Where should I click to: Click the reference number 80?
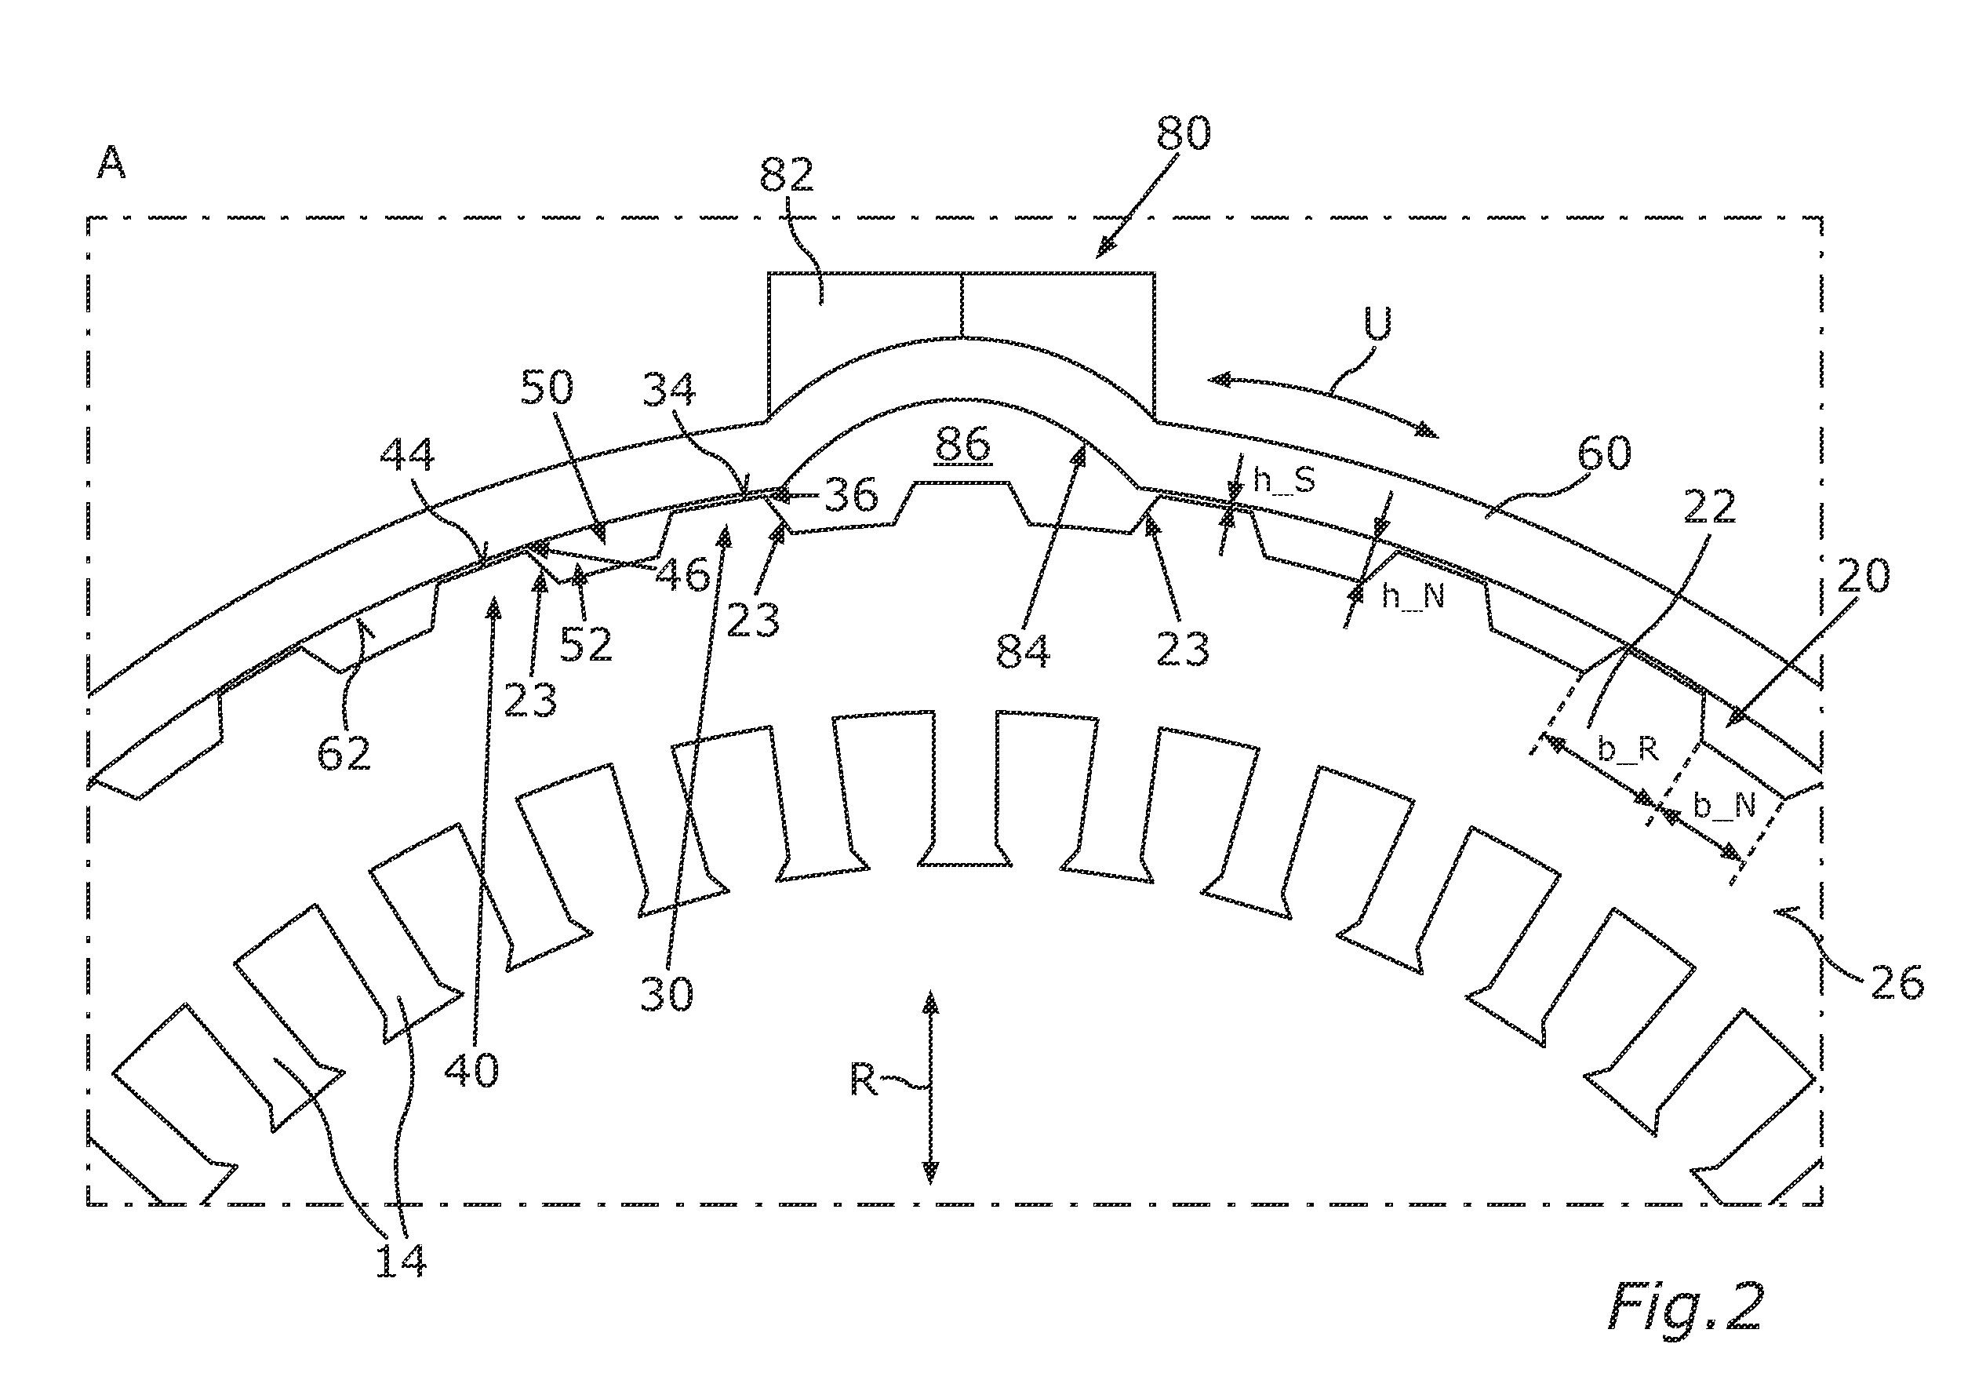click(x=1184, y=133)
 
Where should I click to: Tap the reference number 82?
click(x=786, y=175)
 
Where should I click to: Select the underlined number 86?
click(x=962, y=445)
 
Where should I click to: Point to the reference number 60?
click(x=1605, y=453)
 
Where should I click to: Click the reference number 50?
click(x=547, y=388)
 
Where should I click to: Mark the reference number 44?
click(x=407, y=455)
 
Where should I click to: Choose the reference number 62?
click(x=344, y=753)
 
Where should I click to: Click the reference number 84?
click(x=1024, y=650)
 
